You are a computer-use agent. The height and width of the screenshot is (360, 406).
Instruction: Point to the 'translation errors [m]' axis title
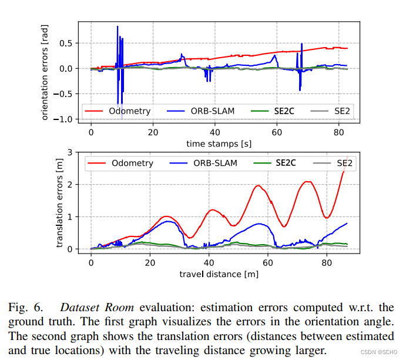click(x=59, y=201)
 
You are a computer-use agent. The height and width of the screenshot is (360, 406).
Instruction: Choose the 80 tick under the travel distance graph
click(x=327, y=262)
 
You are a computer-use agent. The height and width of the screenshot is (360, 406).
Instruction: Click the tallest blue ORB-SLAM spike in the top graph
click(x=118, y=26)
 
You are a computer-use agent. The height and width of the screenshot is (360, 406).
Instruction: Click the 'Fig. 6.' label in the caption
click(x=25, y=308)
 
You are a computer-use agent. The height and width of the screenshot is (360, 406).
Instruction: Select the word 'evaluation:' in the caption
click(x=162, y=308)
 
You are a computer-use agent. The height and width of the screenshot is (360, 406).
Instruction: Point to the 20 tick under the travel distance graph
click(x=150, y=262)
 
